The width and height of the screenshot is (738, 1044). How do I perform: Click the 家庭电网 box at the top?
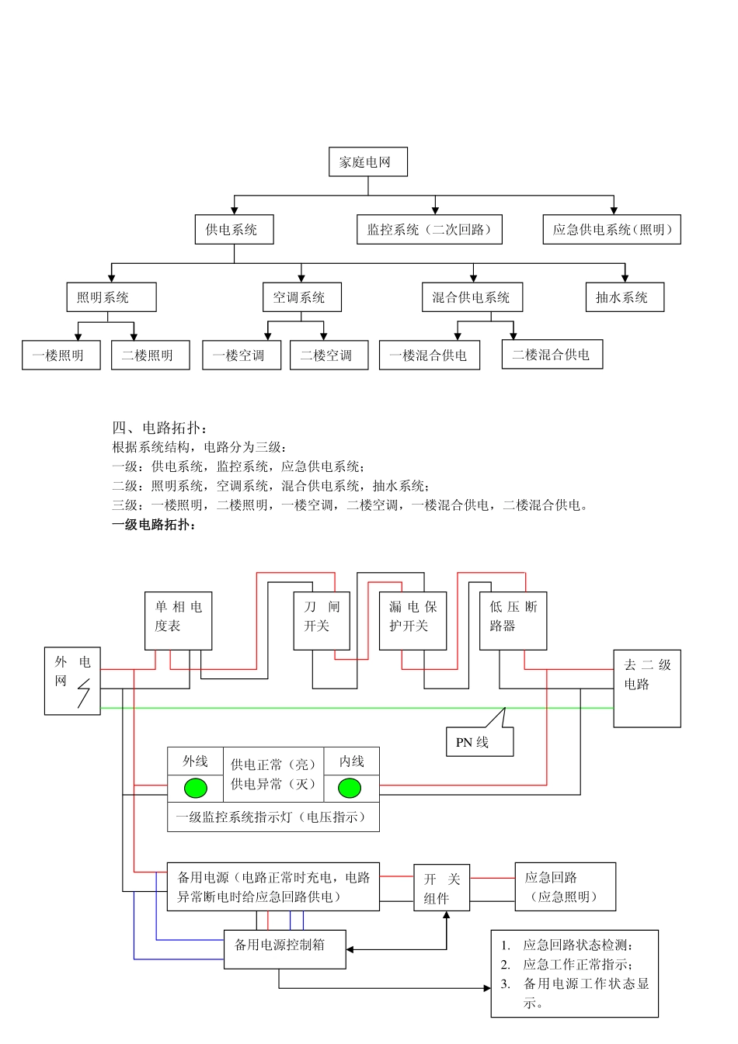(x=367, y=162)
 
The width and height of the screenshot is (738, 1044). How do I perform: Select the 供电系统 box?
(x=234, y=230)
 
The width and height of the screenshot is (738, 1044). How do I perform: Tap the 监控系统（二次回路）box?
(x=429, y=230)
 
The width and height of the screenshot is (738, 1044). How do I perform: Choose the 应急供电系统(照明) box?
(x=611, y=230)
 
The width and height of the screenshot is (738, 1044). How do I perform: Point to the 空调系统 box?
(x=301, y=297)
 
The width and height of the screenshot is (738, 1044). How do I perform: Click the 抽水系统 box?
(x=624, y=297)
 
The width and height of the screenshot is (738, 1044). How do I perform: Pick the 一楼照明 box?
(x=61, y=356)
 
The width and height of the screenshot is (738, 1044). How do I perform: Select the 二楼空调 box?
(x=329, y=356)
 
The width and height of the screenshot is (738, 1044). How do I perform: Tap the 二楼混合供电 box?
(x=552, y=355)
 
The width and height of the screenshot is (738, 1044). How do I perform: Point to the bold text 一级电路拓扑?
(x=155, y=525)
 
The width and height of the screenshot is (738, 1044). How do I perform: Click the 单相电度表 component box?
(x=178, y=621)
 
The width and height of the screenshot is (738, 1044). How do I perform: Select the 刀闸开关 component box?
(x=322, y=621)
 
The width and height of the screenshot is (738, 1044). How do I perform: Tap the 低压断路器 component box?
(x=513, y=621)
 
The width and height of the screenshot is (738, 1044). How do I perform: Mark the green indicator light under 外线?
(x=196, y=789)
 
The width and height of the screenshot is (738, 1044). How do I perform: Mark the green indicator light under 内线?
(x=350, y=789)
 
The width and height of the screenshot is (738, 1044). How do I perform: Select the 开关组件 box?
(x=441, y=888)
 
